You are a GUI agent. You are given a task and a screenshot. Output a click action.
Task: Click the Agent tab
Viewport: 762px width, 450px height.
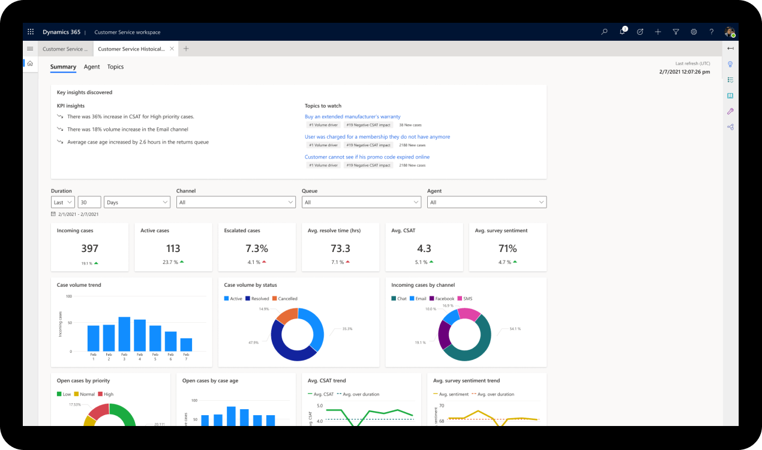tap(92, 67)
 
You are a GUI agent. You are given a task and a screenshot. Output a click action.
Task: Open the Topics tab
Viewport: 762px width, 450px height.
tap(115, 67)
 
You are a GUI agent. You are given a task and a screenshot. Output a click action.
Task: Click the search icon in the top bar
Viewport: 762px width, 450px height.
tap(604, 32)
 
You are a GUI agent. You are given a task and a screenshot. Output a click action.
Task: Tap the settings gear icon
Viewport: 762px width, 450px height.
tap(694, 32)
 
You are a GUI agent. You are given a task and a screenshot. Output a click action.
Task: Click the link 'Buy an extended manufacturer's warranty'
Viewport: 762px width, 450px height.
tap(352, 116)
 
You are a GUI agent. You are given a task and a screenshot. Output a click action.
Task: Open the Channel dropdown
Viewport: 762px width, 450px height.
tap(236, 202)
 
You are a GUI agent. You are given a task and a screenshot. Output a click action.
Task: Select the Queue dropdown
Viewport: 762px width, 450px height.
tap(361, 202)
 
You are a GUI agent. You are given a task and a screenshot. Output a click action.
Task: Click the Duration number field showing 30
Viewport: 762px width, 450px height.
tap(89, 202)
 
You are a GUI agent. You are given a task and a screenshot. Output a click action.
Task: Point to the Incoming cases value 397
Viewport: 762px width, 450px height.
tap(89, 248)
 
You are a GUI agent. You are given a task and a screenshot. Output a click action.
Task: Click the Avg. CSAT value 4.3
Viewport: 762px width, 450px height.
tap(424, 248)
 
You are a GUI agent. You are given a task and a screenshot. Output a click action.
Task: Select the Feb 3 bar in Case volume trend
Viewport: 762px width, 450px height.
tap(124, 334)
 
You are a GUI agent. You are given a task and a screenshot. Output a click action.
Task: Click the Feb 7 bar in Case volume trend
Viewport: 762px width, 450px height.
tap(186, 344)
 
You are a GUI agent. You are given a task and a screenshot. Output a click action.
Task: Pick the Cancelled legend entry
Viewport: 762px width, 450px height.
tap(285, 298)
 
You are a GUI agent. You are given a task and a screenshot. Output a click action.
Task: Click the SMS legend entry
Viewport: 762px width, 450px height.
tap(465, 298)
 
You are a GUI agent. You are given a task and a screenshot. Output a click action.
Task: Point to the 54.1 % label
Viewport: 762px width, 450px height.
tap(515, 329)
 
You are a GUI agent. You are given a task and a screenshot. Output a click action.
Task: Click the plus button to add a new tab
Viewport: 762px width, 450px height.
tap(186, 49)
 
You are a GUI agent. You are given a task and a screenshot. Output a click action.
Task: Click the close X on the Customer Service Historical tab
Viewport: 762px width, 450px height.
tap(172, 49)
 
